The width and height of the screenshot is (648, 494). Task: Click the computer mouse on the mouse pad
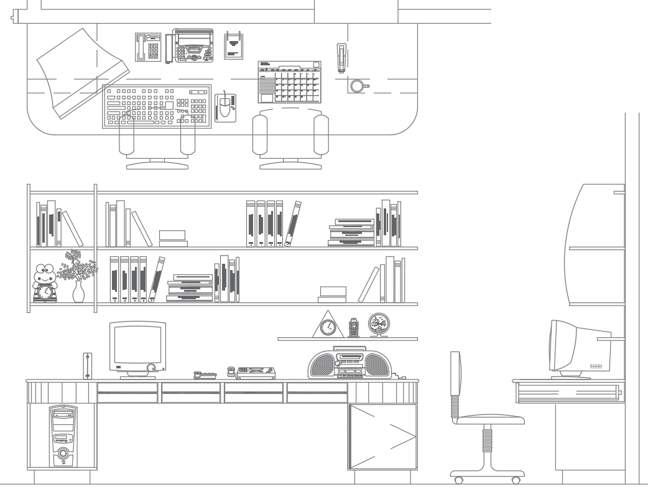pos(223,108)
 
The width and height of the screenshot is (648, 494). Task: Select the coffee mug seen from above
pos(357,86)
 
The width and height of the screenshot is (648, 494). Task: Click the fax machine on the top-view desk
pos(192,46)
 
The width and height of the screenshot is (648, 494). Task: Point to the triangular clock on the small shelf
pos(327,325)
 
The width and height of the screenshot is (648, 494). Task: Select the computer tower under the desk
pos(62,437)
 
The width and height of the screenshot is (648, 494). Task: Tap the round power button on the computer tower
pos(62,460)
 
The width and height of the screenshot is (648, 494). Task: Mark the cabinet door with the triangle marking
pos(382,436)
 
